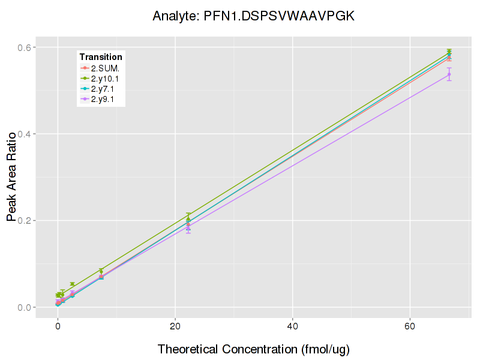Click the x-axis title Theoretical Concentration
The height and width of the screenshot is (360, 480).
pos(253,349)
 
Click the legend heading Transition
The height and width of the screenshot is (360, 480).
pos(101,57)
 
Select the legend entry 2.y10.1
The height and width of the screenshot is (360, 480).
pos(107,79)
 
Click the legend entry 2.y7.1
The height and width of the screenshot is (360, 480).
pos(105,89)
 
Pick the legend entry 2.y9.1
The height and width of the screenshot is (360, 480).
pos(105,99)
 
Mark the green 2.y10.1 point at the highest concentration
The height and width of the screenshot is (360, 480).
pos(449,52)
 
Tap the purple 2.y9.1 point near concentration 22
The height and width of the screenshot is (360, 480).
pos(188,229)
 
